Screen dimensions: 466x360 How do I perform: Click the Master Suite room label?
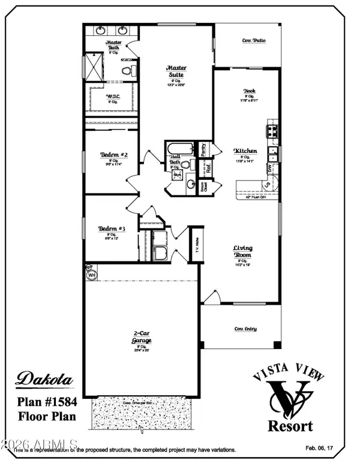pos(175,71)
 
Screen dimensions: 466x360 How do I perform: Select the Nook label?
pos(250,91)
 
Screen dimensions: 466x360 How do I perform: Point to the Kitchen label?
pos(245,151)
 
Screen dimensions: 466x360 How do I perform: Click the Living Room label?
pos(242,251)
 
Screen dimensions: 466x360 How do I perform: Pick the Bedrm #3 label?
pos(112,229)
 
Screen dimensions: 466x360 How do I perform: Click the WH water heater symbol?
pos(92,275)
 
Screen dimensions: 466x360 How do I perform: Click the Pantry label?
pos(203,148)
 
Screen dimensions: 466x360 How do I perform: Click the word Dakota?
pos(44,378)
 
